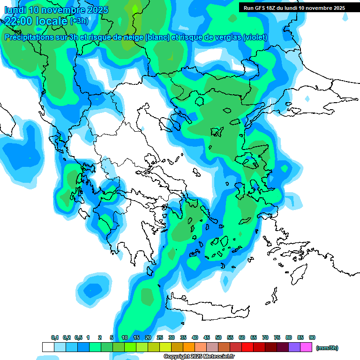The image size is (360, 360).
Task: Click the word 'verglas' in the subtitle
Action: click(x=226, y=37)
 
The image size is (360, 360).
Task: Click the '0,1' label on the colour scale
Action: click(x=55, y=337)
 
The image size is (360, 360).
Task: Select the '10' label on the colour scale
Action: click(x=125, y=337)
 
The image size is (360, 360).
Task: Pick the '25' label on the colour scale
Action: click(x=160, y=337)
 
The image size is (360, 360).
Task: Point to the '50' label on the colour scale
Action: click(x=218, y=337)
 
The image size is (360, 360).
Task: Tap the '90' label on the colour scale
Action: click(x=312, y=337)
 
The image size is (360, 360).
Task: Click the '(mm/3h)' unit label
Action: click(x=327, y=348)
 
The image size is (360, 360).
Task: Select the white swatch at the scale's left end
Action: click(x=48, y=347)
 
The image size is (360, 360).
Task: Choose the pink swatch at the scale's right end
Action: click(x=306, y=347)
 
